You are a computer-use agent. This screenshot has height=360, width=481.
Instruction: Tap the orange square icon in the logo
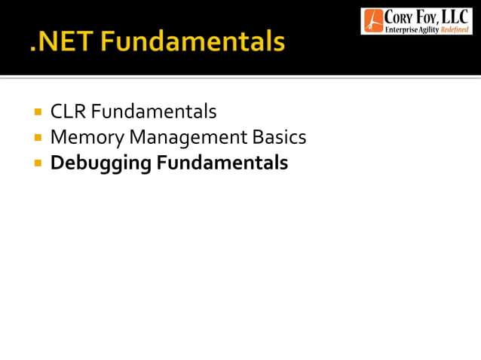tap(372, 21)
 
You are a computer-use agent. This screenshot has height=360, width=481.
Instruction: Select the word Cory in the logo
tap(400, 17)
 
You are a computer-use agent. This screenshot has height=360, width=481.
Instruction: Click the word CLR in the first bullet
tap(66, 112)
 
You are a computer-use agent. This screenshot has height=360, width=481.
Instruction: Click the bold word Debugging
tap(100, 163)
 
